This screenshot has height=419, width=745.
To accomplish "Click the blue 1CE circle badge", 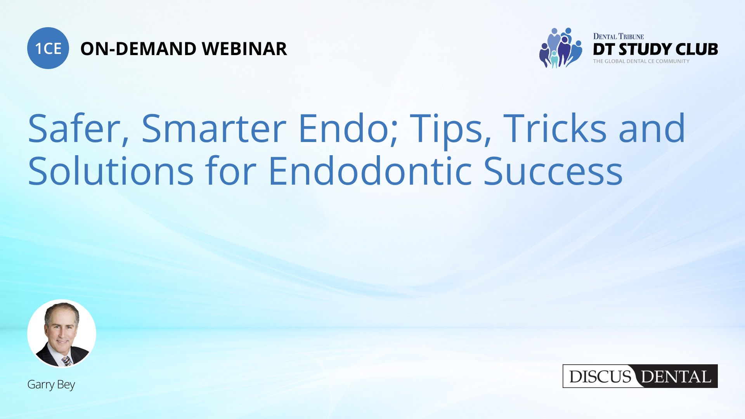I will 48,48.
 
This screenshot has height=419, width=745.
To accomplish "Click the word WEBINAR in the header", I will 244,49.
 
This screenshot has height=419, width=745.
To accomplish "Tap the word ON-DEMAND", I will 138,49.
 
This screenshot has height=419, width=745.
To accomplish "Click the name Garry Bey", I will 51,384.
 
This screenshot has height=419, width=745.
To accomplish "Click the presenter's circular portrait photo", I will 62,333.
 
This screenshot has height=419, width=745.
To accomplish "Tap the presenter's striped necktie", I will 66,361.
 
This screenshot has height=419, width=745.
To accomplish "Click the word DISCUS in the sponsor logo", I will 600,377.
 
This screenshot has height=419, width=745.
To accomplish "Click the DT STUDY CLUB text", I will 655,49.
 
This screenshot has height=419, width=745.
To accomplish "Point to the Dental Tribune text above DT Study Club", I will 618,36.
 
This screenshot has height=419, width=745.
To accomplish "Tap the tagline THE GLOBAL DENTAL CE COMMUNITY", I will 641,61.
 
